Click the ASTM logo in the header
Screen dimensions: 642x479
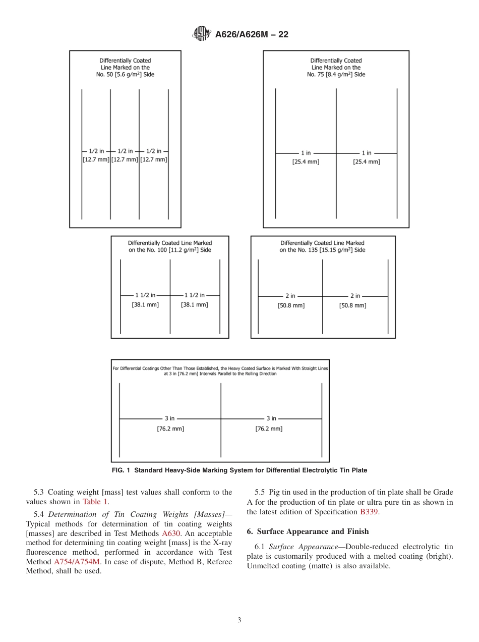point(202,34)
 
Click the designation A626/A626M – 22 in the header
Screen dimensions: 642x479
point(252,35)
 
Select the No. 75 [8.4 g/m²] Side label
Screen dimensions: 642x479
point(336,75)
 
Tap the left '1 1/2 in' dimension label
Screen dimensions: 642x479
point(145,295)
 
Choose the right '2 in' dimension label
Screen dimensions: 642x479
point(355,296)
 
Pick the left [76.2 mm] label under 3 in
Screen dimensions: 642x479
point(170,429)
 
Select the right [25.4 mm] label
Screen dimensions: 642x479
point(367,162)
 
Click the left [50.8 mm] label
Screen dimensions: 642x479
point(291,305)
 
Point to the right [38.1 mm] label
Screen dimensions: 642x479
point(194,305)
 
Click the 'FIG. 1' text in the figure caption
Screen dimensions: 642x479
point(121,470)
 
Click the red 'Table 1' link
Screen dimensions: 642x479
point(95,502)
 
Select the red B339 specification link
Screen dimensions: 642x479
point(369,512)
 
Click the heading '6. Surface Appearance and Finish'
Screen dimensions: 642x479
point(308,531)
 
